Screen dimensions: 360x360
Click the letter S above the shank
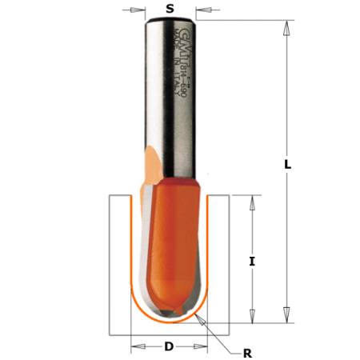169,9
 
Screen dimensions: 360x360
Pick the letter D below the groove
169,346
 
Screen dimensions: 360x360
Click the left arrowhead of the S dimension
138,11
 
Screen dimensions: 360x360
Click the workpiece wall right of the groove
223,264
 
